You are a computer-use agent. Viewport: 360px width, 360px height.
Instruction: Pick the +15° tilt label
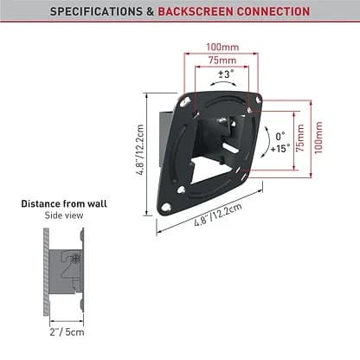coord(280,149)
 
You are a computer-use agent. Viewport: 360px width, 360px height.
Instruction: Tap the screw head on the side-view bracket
coord(75,257)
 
